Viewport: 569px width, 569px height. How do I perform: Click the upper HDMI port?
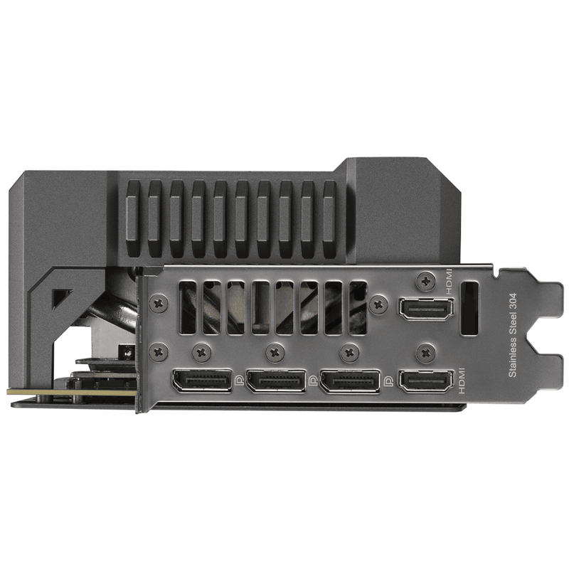pos(426,309)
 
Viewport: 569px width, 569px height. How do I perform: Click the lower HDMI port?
pos(426,381)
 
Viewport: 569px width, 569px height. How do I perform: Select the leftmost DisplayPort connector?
pos(203,381)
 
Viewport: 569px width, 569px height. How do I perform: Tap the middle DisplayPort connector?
pos(276,381)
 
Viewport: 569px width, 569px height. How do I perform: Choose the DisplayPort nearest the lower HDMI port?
pos(350,381)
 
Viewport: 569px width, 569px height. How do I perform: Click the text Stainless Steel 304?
pos(512,335)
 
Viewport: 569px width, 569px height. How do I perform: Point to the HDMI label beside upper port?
pos(450,282)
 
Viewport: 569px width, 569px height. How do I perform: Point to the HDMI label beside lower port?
pos(461,381)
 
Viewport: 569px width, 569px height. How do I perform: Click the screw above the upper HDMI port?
pos(425,281)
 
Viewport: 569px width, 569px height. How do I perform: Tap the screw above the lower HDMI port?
pos(425,352)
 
